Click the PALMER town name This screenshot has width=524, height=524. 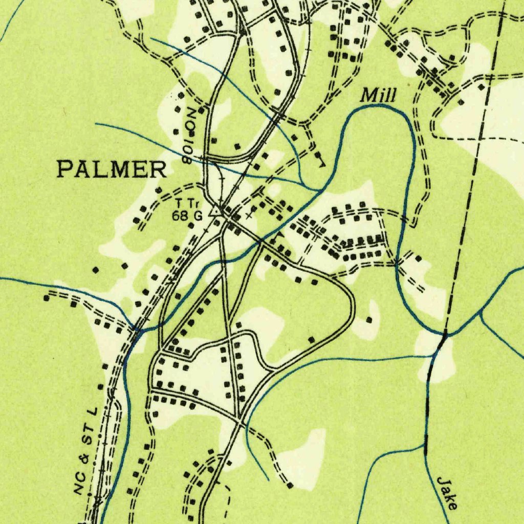click(112, 169)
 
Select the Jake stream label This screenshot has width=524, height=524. click(447, 492)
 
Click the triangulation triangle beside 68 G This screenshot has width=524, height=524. click(215, 210)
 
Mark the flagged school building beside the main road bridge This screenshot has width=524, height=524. click(279, 237)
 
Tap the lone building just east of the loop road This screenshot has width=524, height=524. click(369, 320)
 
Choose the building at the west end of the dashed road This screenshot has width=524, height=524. click(47, 297)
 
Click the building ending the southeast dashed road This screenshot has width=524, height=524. click(290, 485)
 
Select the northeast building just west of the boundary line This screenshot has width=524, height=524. click(481, 87)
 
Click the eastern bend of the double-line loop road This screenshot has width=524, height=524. click(353, 307)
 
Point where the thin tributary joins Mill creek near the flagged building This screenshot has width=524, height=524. click(320, 190)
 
